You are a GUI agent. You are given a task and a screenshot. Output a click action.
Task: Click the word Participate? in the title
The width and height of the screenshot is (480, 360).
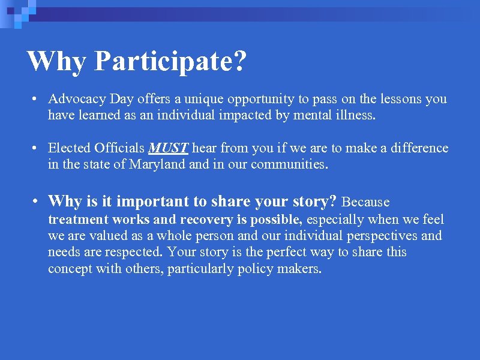click(170, 62)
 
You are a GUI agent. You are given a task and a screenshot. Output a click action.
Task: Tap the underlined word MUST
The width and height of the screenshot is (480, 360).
click(169, 148)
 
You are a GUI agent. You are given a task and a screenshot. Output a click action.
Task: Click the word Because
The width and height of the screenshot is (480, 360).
click(365, 202)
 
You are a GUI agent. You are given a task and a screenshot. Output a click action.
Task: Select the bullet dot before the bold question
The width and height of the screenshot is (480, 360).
click(37, 202)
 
